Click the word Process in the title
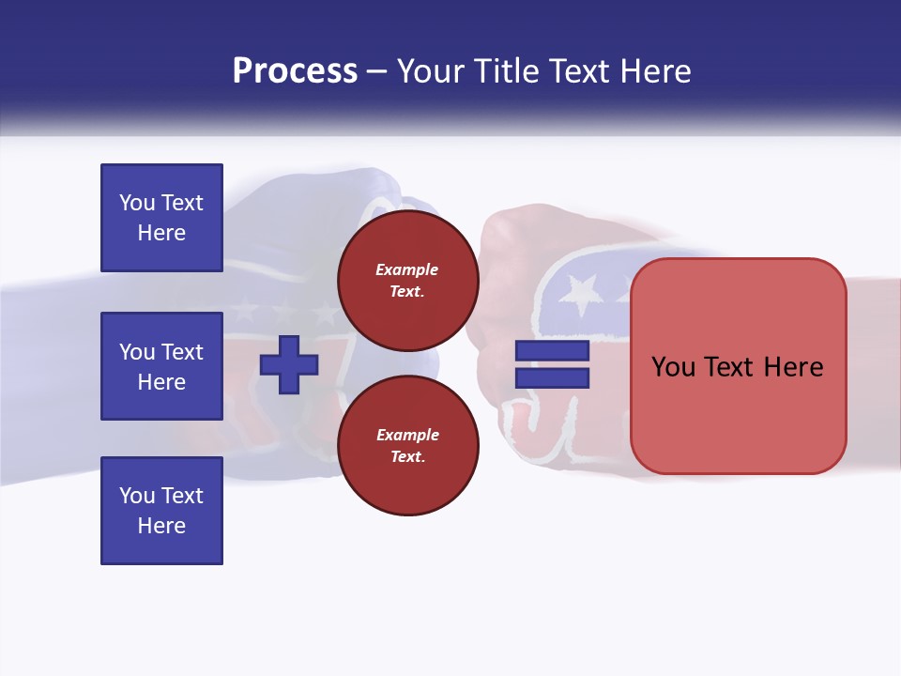click(x=295, y=71)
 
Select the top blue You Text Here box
click(x=161, y=218)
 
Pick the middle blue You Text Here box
click(x=161, y=366)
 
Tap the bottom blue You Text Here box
click(x=161, y=511)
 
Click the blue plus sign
click(x=289, y=363)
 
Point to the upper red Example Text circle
click(x=407, y=281)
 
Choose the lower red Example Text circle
click(x=407, y=446)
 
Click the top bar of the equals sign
click(x=553, y=350)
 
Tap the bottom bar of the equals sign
click(x=553, y=377)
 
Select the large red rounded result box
click(x=739, y=366)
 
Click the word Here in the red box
click(x=794, y=367)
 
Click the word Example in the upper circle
click(x=407, y=269)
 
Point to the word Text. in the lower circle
click(x=407, y=457)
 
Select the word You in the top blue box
click(x=136, y=203)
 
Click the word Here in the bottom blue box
click(x=161, y=526)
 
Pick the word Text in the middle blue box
click(x=182, y=352)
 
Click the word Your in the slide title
click(x=435, y=71)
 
